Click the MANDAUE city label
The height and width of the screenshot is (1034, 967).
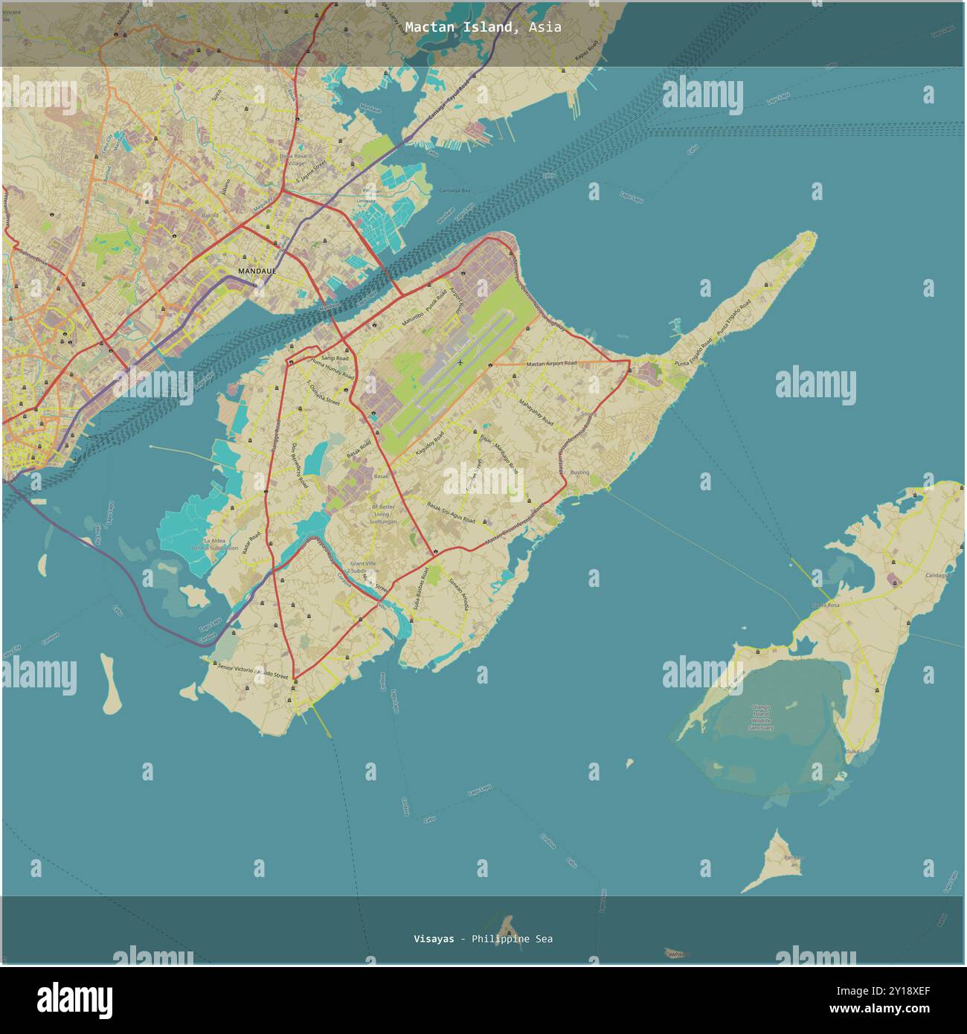(x=257, y=271)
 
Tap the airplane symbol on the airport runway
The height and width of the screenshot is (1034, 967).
(x=460, y=362)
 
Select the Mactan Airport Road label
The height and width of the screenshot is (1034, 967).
(x=551, y=363)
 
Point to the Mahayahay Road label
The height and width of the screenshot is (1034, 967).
(x=536, y=413)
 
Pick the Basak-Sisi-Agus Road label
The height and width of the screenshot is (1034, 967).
(x=451, y=513)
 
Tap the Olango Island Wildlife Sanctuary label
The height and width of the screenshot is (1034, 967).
(x=762, y=717)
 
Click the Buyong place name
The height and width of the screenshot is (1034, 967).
(x=579, y=472)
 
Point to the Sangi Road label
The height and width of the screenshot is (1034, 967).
(x=335, y=358)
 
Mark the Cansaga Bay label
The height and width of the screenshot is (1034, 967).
(x=454, y=191)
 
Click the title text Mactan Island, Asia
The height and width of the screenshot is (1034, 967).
(x=483, y=27)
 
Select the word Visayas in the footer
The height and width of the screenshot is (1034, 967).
(x=434, y=939)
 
